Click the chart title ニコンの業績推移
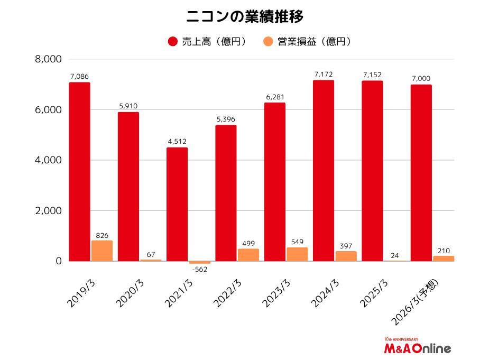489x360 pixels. click(244, 16)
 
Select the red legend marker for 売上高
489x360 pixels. click(172, 41)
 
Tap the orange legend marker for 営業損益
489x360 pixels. click(268, 41)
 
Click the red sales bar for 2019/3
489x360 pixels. click(79, 172)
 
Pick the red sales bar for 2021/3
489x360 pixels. click(177, 204)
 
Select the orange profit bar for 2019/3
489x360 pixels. click(102, 251)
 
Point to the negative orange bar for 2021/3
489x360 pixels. click(199, 262)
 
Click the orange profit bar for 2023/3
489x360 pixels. click(297, 254)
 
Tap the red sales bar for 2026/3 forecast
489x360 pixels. click(421, 173)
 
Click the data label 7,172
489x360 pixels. click(323, 75)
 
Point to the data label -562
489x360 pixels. click(199, 269)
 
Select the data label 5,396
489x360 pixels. click(226, 119)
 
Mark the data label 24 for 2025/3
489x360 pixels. click(394, 255)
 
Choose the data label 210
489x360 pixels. click(443, 250)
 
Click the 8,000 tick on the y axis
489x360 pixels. click(48, 59)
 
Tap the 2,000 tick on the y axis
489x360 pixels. click(48, 211)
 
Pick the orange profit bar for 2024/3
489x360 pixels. click(346, 256)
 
